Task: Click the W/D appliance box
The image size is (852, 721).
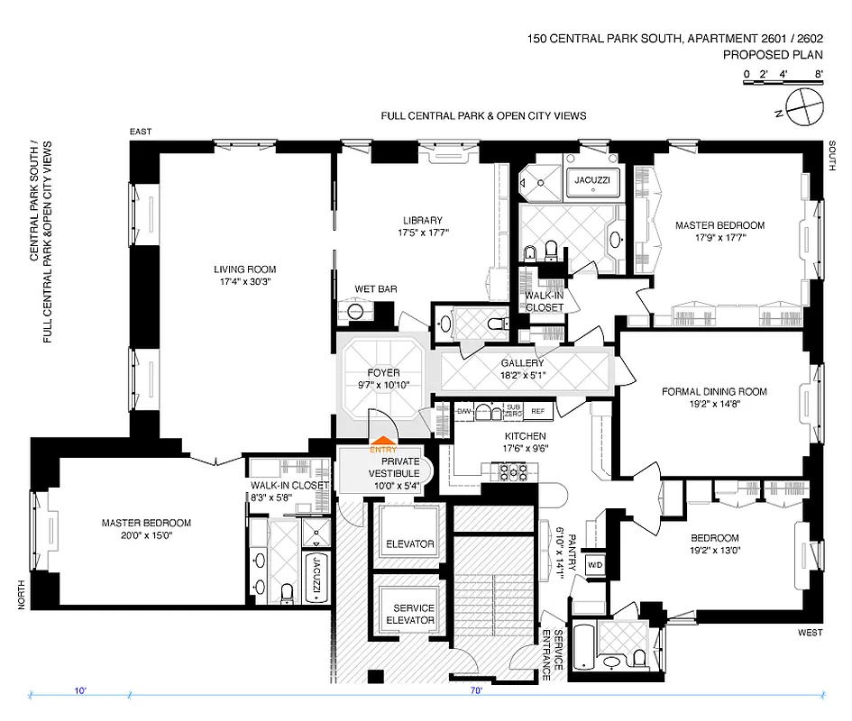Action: coord(595,565)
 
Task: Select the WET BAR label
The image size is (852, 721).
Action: coord(376,289)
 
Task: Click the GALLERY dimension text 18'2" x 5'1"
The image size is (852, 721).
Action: coord(524,375)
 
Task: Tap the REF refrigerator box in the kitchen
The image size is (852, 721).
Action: coord(538,411)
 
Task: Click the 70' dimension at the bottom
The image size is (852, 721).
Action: coord(476,691)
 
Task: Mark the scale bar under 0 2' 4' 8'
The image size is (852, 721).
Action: coord(783,83)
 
